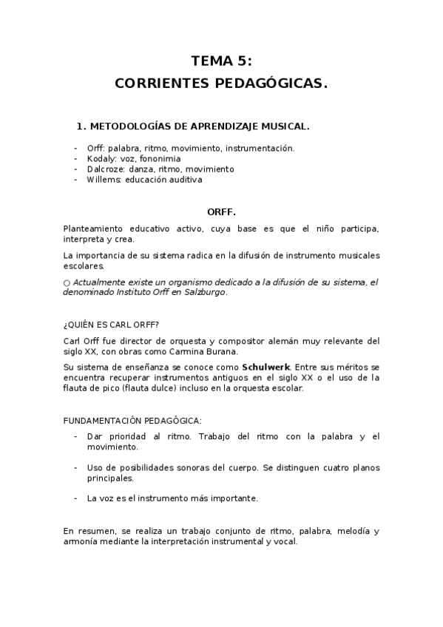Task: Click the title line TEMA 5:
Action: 221,61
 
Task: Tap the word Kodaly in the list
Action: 100,158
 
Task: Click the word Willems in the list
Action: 104,179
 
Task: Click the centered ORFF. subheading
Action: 221,211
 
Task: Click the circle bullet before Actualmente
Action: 67,282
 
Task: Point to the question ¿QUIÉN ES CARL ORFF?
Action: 111,325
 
